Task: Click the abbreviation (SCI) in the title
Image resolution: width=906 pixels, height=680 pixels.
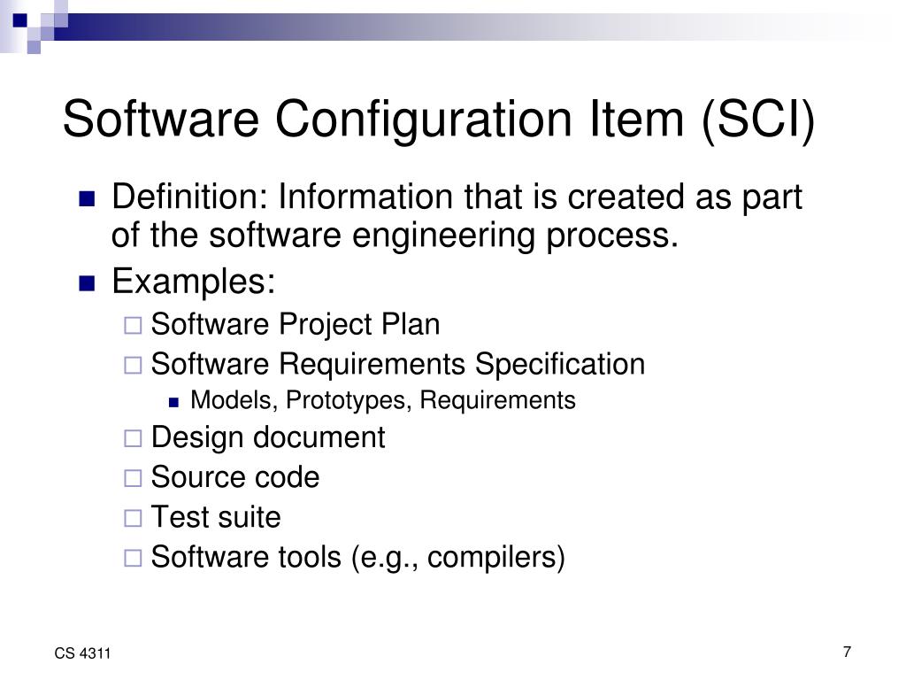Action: click(x=758, y=120)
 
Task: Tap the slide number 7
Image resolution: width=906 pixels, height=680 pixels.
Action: click(x=847, y=653)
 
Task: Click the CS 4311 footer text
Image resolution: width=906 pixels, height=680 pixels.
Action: click(x=82, y=654)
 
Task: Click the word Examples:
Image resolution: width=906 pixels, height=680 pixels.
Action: click(x=194, y=282)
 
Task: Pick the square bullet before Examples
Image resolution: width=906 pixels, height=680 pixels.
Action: click(x=87, y=284)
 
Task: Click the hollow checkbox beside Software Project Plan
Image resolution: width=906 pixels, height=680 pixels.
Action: click(x=133, y=326)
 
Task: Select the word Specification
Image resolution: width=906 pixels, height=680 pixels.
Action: click(x=560, y=364)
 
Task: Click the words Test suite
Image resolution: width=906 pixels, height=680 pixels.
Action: click(x=216, y=517)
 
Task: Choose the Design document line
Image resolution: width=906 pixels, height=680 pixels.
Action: click(x=268, y=437)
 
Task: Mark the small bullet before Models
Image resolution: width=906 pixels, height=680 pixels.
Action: click(x=174, y=402)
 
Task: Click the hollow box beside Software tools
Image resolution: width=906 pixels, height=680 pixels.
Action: click(x=133, y=558)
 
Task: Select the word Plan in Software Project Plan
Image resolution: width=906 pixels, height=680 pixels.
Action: click(x=411, y=325)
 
